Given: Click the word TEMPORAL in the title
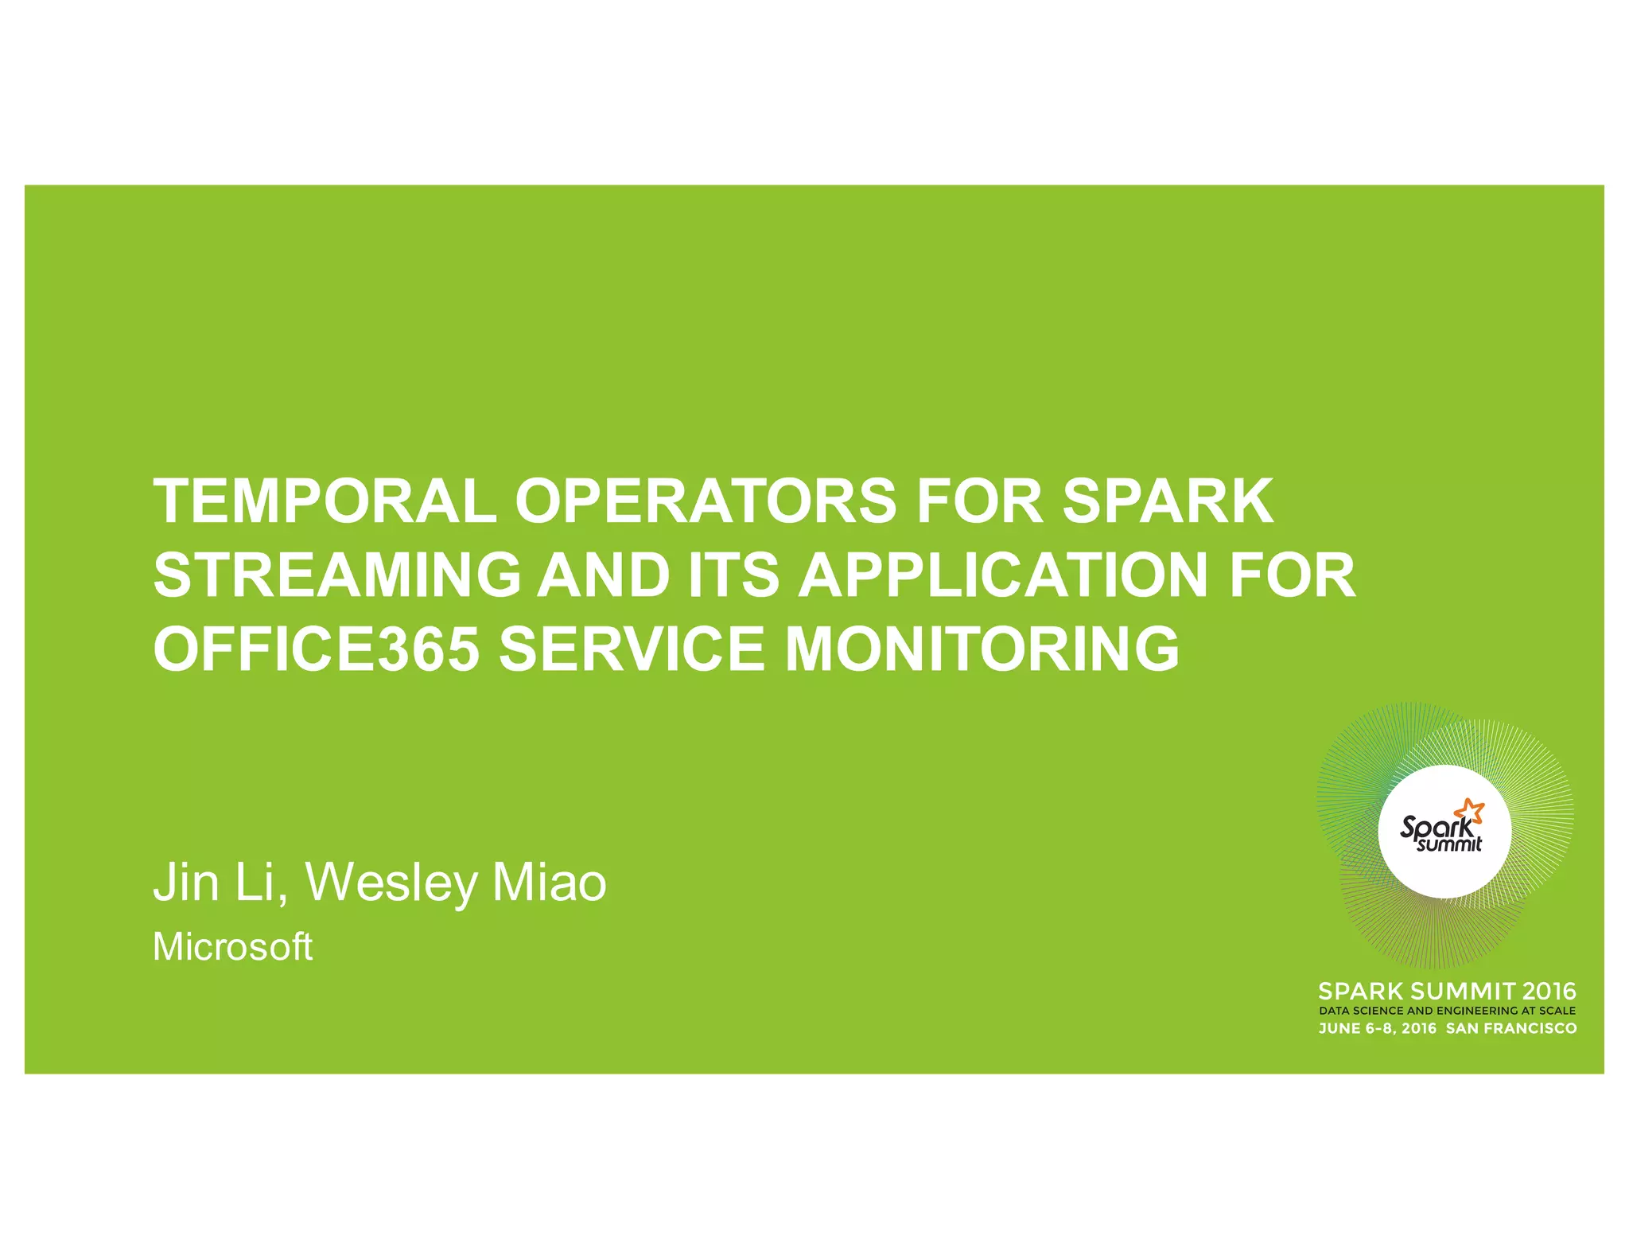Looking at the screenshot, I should pos(325,501).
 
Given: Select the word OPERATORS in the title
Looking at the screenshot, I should pos(706,501).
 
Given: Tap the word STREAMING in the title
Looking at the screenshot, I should pos(337,575).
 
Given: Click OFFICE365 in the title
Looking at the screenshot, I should pos(317,649).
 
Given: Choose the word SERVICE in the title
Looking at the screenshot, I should pos(632,649).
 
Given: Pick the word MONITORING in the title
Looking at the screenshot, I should pos(982,649).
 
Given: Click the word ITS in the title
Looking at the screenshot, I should pos(733,575).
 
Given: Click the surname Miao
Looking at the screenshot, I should pos(549,883).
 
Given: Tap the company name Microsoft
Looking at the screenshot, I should pos(232,947).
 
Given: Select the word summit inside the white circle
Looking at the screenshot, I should pos(1449,844).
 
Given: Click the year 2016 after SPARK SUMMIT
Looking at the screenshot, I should pos(1549,992).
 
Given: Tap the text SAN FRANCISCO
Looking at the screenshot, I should pos(1510,1028).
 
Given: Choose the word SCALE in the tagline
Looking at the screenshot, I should pos(1557,1011).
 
